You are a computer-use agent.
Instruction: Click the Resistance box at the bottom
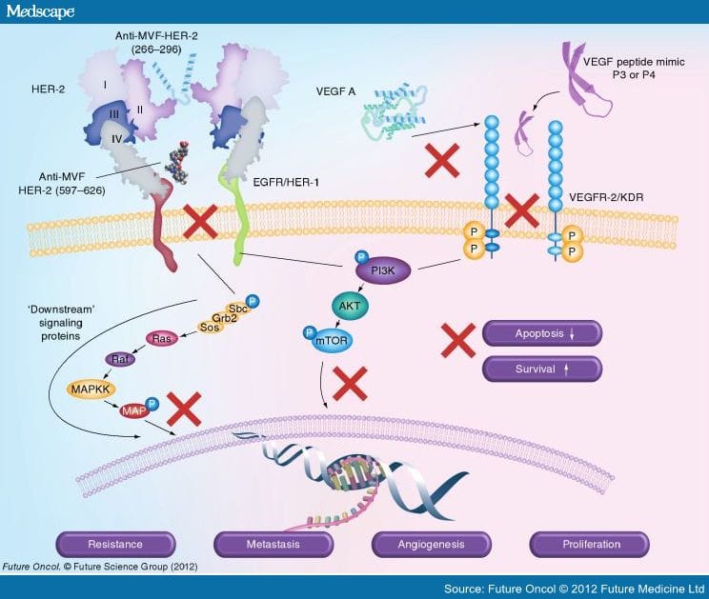pyautogui.click(x=115, y=545)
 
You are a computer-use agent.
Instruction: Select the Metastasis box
pyautogui.click(x=273, y=545)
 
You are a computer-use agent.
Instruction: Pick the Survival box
pyautogui.click(x=541, y=369)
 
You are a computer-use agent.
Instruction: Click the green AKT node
pyautogui.click(x=347, y=307)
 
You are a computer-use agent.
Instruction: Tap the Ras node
pyautogui.click(x=162, y=339)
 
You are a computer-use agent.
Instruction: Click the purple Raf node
pyautogui.click(x=119, y=361)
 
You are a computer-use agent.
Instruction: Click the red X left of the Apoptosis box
pyautogui.click(x=458, y=339)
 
